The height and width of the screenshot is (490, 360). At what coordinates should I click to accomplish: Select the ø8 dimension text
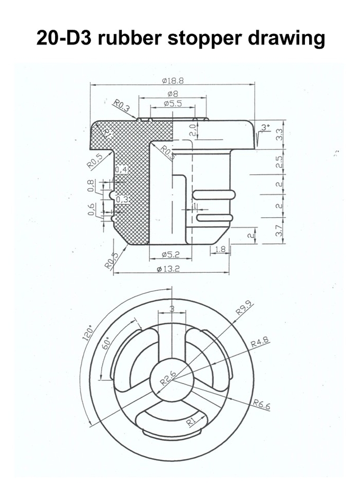click(173, 93)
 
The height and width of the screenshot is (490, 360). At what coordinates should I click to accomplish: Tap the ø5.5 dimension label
click(173, 103)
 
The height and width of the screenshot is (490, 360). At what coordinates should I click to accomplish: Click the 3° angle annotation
click(265, 127)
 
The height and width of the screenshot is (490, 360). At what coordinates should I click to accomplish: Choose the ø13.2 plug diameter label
click(169, 269)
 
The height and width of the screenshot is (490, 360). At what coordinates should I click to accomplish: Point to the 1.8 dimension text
click(220, 249)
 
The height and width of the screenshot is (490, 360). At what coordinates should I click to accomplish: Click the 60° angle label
click(107, 344)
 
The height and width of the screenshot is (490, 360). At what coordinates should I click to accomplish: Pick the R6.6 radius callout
click(262, 404)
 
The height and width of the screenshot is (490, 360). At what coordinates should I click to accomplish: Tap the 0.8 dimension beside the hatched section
click(91, 185)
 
